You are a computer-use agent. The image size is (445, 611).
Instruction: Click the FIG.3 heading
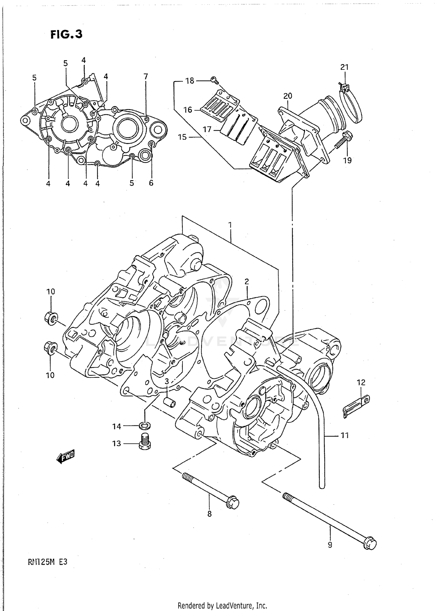66,34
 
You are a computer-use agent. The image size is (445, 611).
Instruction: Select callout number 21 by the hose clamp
344,67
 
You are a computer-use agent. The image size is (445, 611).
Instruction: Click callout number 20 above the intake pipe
287,96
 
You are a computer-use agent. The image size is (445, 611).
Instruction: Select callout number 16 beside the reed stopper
187,110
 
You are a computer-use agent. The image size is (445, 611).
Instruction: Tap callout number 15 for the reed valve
182,137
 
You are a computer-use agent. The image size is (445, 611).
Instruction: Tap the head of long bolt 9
370,543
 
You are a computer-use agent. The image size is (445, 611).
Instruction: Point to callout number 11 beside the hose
344,436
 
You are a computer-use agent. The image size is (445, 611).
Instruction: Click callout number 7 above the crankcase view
146,77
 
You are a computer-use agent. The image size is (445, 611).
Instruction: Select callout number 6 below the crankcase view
151,183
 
